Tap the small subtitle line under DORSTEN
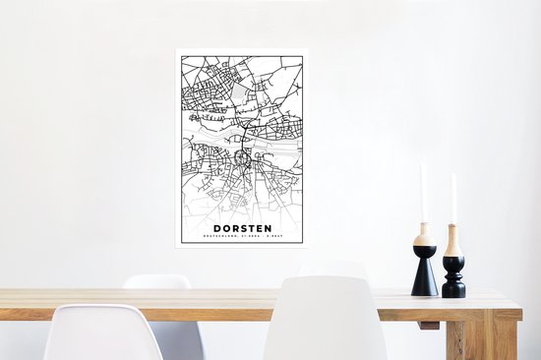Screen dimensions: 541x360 click(241, 236)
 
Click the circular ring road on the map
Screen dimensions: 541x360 click(243, 156)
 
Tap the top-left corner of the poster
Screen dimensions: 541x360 click(177, 50)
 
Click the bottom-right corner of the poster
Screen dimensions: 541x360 click(306, 245)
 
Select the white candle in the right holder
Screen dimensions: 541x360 click(453, 199)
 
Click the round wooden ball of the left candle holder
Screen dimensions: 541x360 click(424, 238)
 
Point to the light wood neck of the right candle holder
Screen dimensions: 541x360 click(453, 240)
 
